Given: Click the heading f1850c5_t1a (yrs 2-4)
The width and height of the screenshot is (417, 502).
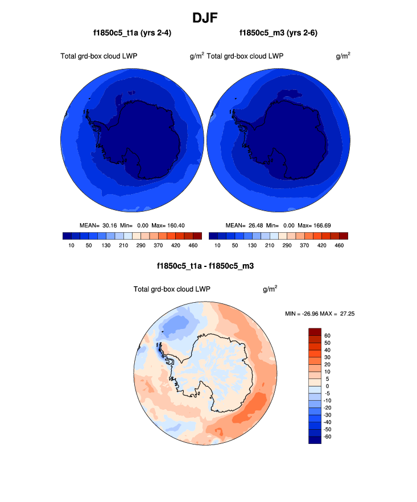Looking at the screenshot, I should (132, 34).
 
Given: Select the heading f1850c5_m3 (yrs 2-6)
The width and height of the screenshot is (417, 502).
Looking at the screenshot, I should (278, 34).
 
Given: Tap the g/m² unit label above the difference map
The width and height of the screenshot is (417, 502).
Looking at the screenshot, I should (270, 289).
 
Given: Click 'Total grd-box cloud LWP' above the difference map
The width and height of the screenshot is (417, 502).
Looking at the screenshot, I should (172, 289).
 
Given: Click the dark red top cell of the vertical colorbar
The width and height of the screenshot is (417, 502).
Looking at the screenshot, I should (315, 332).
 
